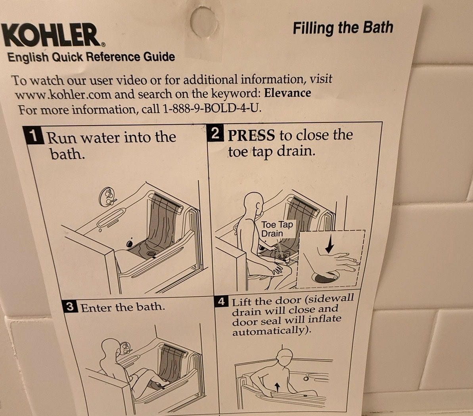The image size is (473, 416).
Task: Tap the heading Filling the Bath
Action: click(343, 28)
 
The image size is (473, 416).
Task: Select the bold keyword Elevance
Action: click(287, 93)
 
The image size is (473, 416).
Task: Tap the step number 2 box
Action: click(215, 133)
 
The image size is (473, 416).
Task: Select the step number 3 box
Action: click(70, 307)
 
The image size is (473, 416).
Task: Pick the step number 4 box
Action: click(222, 302)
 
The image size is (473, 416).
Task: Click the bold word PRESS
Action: click(251, 135)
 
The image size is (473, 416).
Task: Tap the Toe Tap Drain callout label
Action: click(277, 229)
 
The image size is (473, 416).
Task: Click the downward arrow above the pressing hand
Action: click(329, 244)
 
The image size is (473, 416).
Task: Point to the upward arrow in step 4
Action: click(278, 387)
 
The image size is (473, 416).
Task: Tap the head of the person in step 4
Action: click(284, 358)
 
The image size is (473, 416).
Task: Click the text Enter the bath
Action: click(123, 307)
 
